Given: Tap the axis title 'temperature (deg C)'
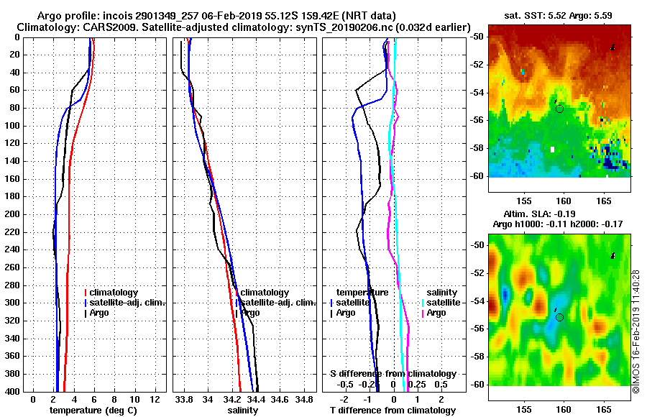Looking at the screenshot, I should click(x=93, y=411).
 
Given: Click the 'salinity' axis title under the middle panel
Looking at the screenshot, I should click(x=242, y=411).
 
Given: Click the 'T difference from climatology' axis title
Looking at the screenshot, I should click(x=393, y=411).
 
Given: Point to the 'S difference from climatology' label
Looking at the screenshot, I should click(x=393, y=374).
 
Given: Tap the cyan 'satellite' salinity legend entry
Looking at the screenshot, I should click(x=444, y=303).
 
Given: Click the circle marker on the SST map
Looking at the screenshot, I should click(x=559, y=109).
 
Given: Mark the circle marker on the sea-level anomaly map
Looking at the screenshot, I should click(x=559, y=317).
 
